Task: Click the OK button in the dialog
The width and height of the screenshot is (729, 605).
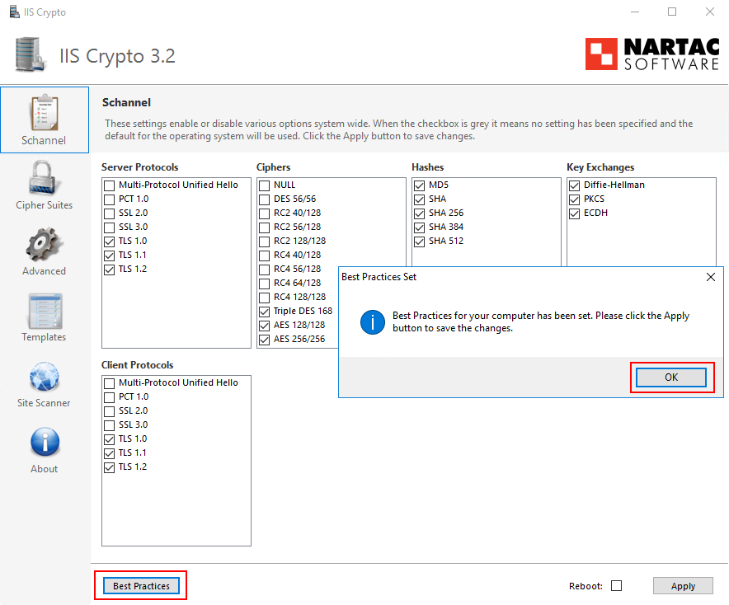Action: [x=671, y=377]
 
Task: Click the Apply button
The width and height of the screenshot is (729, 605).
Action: [x=683, y=586]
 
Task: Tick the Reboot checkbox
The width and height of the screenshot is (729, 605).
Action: [x=616, y=586]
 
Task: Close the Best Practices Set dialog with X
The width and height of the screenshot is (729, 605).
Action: [x=711, y=278]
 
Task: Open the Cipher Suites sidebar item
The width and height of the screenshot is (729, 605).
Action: [x=45, y=185]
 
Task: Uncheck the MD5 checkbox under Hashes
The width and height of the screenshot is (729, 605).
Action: [x=420, y=185]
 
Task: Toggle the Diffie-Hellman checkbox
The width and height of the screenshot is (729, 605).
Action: [x=575, y=185]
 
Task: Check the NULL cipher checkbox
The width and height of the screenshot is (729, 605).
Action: [x=265, y=185]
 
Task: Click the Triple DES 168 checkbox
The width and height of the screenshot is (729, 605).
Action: [x=265, y=312]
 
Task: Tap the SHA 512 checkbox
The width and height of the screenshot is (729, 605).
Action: [x=420, y=242]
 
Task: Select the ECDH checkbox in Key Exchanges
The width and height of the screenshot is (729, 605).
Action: [x=575, y=213]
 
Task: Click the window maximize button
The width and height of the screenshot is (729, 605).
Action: [x=672, y=12]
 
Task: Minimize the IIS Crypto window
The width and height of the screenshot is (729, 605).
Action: [x=634, y=12]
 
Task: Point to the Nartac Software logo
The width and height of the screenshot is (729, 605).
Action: [x=651, y=54]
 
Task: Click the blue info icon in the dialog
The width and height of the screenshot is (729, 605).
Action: [x=372, y=321]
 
